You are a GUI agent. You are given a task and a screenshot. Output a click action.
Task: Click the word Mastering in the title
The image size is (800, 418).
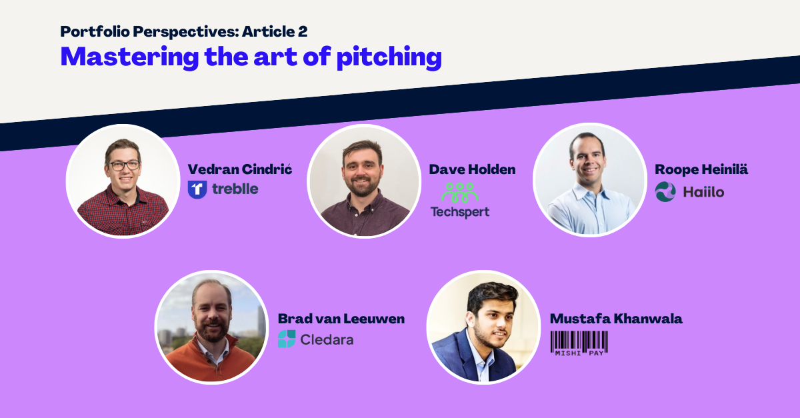(x=129, y=57)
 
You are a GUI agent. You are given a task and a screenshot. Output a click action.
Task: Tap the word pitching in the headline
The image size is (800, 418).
(x=389, y=57)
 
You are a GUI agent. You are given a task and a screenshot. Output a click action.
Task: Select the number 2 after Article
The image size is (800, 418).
(x=302, y=31)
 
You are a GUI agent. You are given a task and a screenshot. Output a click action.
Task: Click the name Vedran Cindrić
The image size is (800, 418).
(x=239, y=169)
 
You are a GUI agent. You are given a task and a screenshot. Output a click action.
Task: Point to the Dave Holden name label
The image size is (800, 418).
(x=472, y=169)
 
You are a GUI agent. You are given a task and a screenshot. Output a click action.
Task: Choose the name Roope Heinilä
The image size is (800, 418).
(x=701, y=169)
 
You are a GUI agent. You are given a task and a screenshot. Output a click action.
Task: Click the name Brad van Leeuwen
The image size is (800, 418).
(x=341, y=319)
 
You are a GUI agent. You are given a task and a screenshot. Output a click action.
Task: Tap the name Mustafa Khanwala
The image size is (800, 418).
(x=616, y=319)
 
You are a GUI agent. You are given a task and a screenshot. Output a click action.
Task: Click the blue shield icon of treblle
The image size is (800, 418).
(x=197, y=189)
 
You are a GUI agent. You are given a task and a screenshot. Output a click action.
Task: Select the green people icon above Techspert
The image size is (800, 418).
(x=459, y=193)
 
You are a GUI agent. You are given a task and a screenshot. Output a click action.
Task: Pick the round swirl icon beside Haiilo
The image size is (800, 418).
(x=665, y=192)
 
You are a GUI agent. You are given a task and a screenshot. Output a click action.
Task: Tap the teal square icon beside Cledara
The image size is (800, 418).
(x=287, y=339)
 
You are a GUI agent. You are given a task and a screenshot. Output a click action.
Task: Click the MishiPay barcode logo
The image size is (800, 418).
(x=579, y=343)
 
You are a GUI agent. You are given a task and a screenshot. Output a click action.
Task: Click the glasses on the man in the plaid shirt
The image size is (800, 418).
(x=124, y=165)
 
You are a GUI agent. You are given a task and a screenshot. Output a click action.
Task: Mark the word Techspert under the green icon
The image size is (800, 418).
(x=460, y=212)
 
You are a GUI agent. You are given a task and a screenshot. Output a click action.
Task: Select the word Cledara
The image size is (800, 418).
(x=327, y=339)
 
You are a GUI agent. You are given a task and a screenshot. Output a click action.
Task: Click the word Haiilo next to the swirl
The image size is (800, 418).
(x=703, y=192)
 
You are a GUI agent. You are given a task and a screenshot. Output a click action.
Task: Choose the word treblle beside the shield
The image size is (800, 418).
(x=235, y=189)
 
